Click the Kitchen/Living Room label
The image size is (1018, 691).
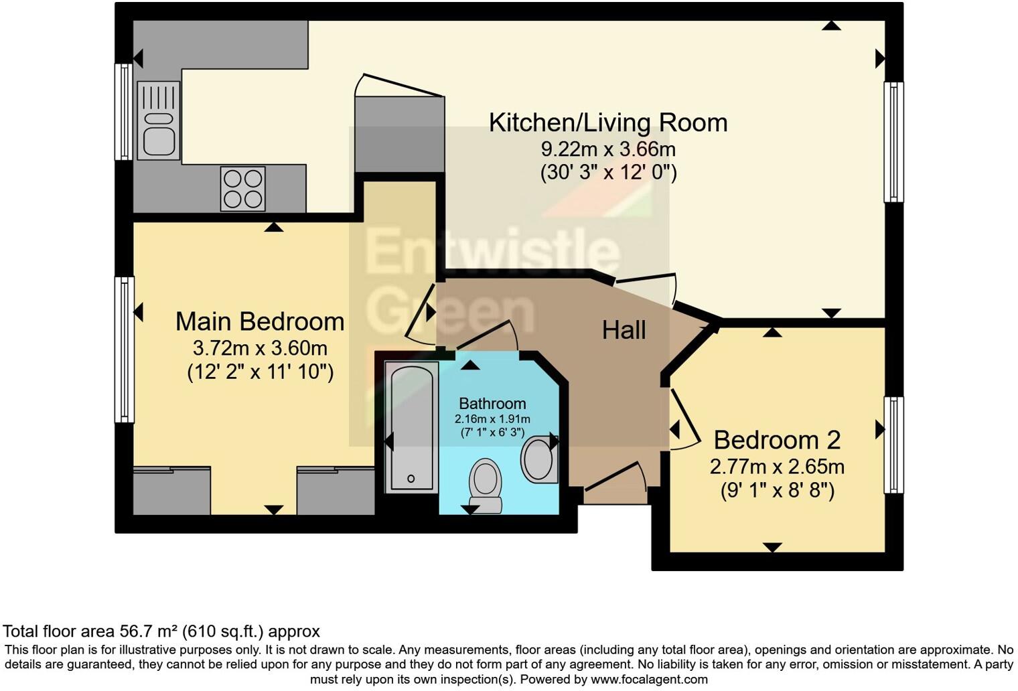[x=608, y=123]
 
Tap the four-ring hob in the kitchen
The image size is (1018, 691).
[x=242, y=189]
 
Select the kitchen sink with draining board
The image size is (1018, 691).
[x=159, y=121]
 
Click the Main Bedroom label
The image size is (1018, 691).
[x=260, y=321]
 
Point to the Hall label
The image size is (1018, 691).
[x=624, y=330]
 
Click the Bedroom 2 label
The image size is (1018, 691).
[x=777, y=440]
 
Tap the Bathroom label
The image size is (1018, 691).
[x=492, y=404]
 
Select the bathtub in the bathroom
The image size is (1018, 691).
[x=412, y=427]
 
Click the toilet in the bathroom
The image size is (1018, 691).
[x=486, y=485]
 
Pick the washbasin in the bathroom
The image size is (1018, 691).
[x=539, y=459]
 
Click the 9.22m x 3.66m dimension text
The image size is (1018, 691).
[x=608, y=149]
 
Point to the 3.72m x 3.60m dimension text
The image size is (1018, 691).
[x=260, y=348]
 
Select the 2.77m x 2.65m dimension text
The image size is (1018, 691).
[x=777, y=467]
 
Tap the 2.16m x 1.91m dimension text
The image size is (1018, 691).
[x=492, y=419]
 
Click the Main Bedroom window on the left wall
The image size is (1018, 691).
[x=124, y=350]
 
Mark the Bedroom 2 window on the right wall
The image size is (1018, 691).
[x=893, y=445]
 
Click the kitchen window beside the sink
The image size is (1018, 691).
[x=124, y=112]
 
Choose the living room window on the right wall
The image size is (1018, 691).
[x=893, y=142]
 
